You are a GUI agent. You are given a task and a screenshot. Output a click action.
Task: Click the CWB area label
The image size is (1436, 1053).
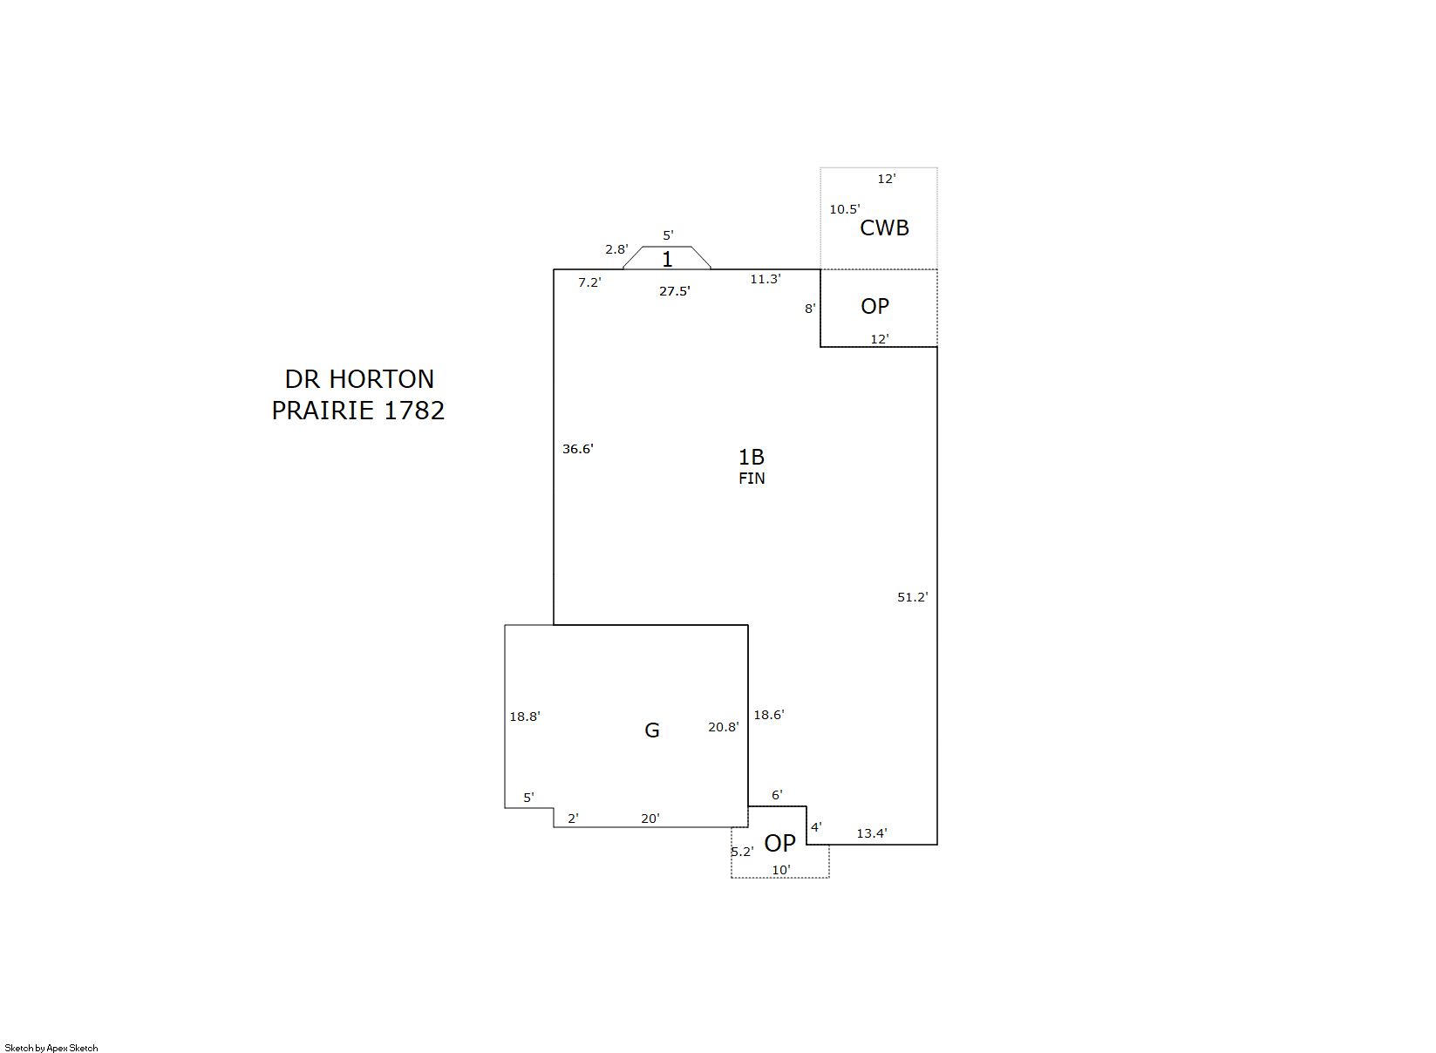884,228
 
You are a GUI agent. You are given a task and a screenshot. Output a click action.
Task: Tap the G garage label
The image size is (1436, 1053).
652,730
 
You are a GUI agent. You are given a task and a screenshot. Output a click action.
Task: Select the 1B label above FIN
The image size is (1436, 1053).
752,457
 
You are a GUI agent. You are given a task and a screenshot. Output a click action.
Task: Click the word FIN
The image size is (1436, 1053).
752,478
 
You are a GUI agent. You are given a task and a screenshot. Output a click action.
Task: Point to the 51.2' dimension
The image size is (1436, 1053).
912,597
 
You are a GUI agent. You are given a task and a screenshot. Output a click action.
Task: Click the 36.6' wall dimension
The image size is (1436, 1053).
577,449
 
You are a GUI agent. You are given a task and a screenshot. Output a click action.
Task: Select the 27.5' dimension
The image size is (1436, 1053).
675,291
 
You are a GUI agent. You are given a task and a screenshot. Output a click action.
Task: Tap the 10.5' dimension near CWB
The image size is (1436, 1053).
844,209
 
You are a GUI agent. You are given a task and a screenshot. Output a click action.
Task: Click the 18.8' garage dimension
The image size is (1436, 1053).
524,717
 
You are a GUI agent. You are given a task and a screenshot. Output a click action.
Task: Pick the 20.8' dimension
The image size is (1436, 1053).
723,727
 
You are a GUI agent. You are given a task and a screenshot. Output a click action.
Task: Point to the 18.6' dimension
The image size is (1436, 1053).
769,715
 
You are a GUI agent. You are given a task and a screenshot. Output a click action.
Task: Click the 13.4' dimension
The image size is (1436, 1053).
872,833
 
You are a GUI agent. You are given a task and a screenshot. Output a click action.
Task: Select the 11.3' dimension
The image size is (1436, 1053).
766,279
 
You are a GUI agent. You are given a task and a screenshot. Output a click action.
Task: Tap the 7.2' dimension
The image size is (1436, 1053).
589,282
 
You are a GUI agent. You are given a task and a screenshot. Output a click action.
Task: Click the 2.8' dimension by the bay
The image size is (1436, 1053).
616,249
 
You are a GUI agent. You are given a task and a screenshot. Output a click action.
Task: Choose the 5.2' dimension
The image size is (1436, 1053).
742,851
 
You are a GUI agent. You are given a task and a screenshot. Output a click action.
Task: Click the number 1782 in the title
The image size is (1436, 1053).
414,411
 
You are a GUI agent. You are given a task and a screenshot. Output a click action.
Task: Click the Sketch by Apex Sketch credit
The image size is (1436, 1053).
51,1048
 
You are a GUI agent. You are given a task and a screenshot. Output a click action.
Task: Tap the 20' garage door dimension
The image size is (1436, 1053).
650,819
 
